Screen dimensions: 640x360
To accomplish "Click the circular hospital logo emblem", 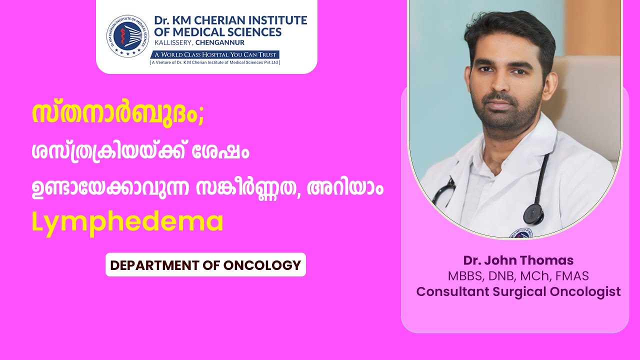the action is click(x=127, y=36).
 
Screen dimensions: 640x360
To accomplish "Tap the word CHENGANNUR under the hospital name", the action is click(x=220, y=42).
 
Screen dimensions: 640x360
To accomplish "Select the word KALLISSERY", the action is click(x=173, y=43).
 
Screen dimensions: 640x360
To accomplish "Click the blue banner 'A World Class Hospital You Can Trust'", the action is click(x=215, y=54).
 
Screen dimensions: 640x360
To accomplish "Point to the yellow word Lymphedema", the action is click(x=127, y=222).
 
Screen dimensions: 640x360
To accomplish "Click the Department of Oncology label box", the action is click(x=205, y=264).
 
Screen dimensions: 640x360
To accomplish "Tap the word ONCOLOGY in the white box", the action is click(x=262, y=265).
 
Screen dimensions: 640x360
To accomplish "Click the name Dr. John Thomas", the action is click(x=518, y=260).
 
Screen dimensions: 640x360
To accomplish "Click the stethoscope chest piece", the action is click(x=533, y=213).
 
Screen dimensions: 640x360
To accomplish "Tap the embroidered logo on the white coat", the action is click(x=521, y=233).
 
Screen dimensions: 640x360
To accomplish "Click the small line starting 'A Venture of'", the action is click(x=215, y=62).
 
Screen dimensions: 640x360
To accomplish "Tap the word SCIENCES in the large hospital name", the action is click(x=250, y=32).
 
